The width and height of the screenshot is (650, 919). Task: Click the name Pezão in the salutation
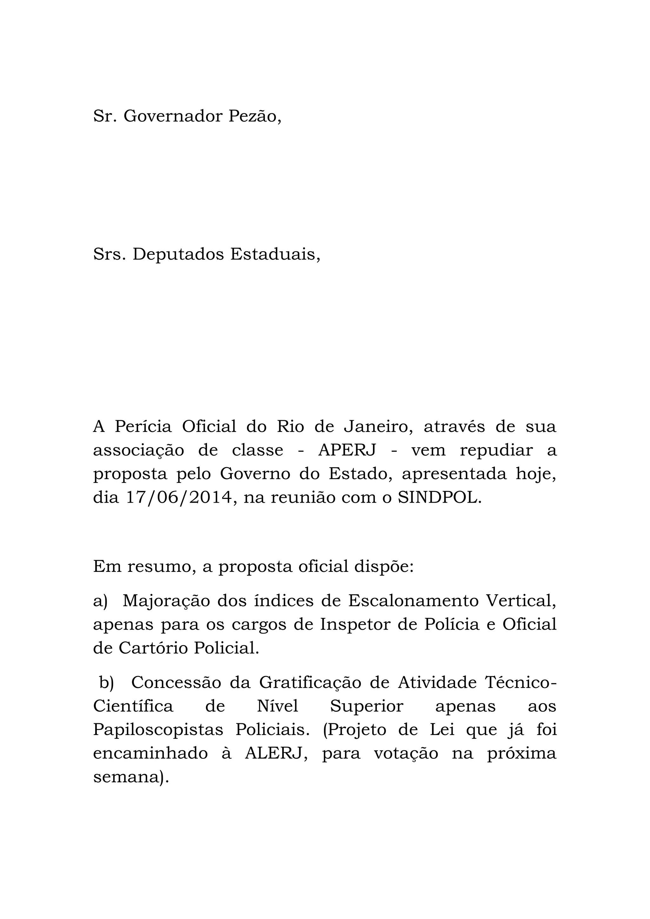coord(255,116)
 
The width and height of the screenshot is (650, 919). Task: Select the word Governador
coord(173,116)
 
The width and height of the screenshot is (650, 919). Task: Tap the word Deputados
coord(178,254)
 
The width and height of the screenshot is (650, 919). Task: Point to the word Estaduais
coord(275,254)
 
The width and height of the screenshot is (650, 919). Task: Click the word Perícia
coord(143,427)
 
